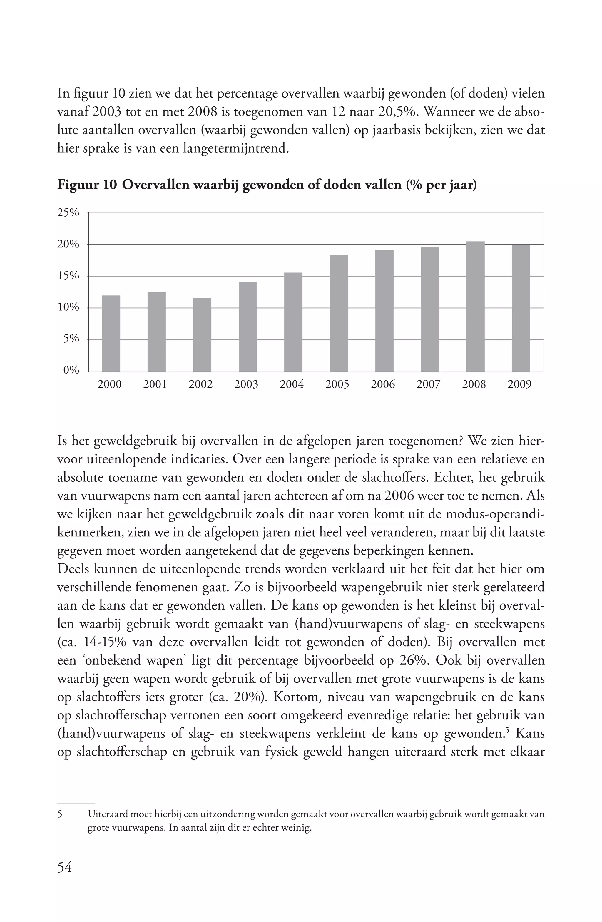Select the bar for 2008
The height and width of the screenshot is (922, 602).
pos(475,306)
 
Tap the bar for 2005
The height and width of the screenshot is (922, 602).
pos(339,313)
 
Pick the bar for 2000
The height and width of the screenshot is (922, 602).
pos(111,333)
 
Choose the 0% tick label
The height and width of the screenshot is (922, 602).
pos(71,370)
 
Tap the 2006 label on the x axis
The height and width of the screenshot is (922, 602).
pos(383,384)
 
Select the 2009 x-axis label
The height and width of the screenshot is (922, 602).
pos(519,384)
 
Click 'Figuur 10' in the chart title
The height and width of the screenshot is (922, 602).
pos(87,185)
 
